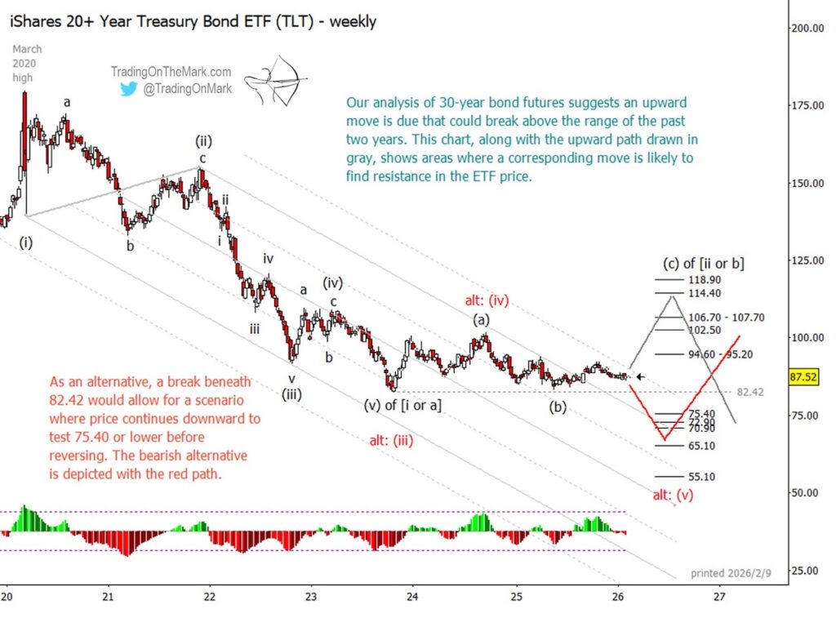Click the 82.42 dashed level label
click(749, 393)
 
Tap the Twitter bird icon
click(128, 89)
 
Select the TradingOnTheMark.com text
click(171, 72)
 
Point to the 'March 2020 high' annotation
click(24, 63)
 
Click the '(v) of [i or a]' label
click(402, 404)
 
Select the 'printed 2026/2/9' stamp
click(729, 573)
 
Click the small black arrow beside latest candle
click(641, 377)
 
